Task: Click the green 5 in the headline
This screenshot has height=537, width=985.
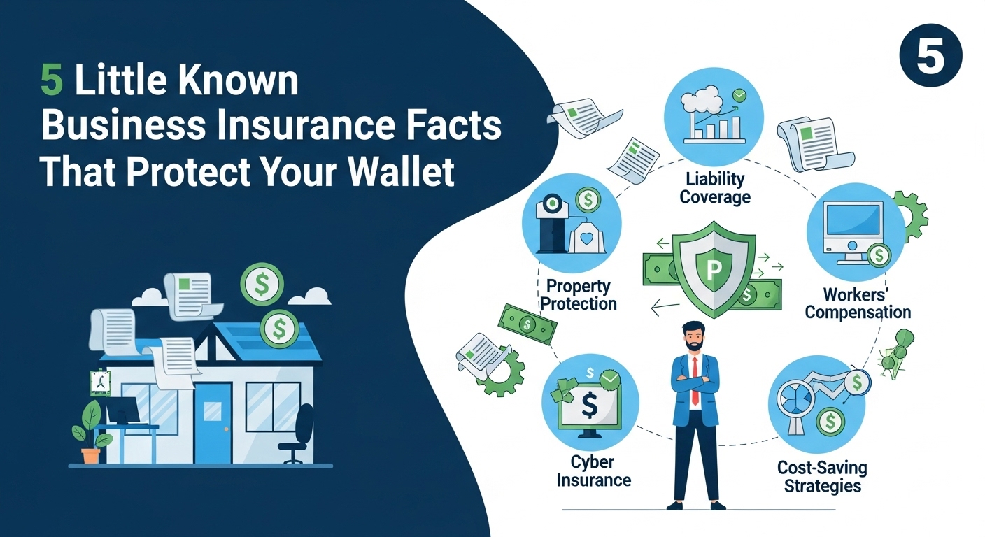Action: coord(52,81)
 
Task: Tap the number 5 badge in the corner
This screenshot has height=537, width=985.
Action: coord(930,55)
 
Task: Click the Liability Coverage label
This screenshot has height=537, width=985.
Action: coord(715,188)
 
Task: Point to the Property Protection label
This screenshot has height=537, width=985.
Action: coord(579,295)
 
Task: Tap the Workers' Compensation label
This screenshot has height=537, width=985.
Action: coord(858,303)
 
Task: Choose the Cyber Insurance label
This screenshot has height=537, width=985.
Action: coord(594,471)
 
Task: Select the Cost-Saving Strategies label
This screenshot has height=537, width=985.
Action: coord(822,477)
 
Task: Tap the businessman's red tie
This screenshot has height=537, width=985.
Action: coord(695,380)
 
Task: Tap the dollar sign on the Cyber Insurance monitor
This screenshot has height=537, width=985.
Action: coord(589,405)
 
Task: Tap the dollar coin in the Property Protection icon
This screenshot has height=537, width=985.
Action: coord(588,200)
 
